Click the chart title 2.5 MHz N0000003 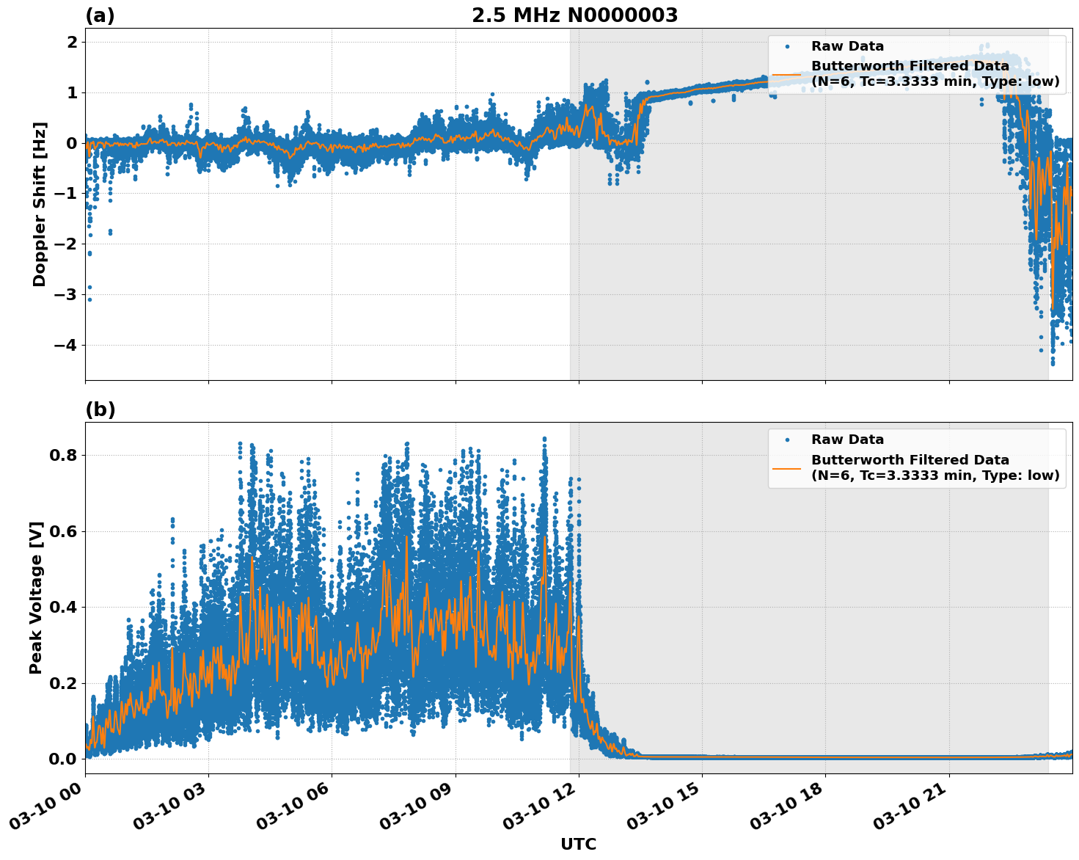[x=574, y=15]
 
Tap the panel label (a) [x=100, y=15]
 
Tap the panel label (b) [x=100, y=409]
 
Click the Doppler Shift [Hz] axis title [x=40, y=204]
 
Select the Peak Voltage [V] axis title [x=36, y=597]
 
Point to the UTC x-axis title [x=578, y=844]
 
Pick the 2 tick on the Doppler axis [x=72, y=42]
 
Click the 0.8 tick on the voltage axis [x=64, y=455]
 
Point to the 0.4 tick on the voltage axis [x=64, y=607]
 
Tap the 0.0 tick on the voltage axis [x=64, y=759]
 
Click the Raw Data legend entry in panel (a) [x=847, y=46]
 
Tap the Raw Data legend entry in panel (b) [x=847, y=440]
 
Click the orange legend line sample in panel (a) [x=786, y=73]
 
